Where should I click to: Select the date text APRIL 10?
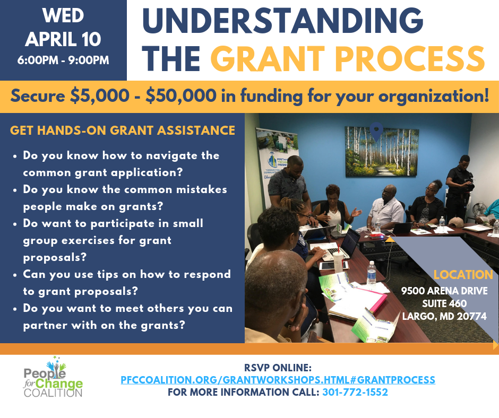point(63,39)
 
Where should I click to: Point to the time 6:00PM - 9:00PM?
point(63,60)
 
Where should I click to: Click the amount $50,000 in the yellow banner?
point(181,96)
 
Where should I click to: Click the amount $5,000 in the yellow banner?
point(100,96)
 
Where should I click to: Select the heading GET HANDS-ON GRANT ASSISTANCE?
point(123,130)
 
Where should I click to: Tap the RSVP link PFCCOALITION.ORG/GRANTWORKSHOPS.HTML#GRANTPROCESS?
point(278,380)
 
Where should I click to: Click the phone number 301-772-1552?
point(355,392)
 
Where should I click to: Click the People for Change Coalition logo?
point(53,377)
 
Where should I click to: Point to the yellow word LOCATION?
point(463,275)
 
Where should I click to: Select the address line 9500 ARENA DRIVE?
point(444,291)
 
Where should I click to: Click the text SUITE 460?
point(444,303)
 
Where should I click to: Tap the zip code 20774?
point(471,316)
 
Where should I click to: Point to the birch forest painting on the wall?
point(382,151)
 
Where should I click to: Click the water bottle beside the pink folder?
point(372,275)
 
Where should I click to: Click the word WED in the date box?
point(63,15)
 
